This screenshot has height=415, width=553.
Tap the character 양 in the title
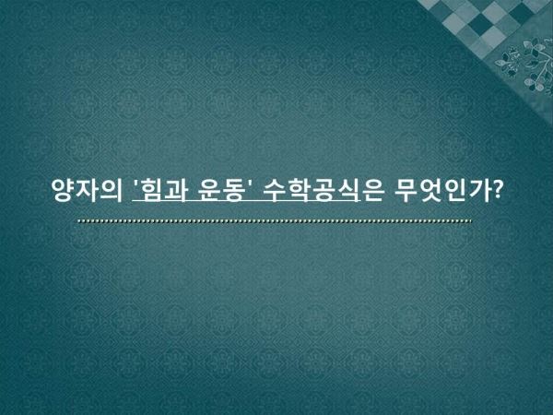64,190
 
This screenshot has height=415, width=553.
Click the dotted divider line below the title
275,221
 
